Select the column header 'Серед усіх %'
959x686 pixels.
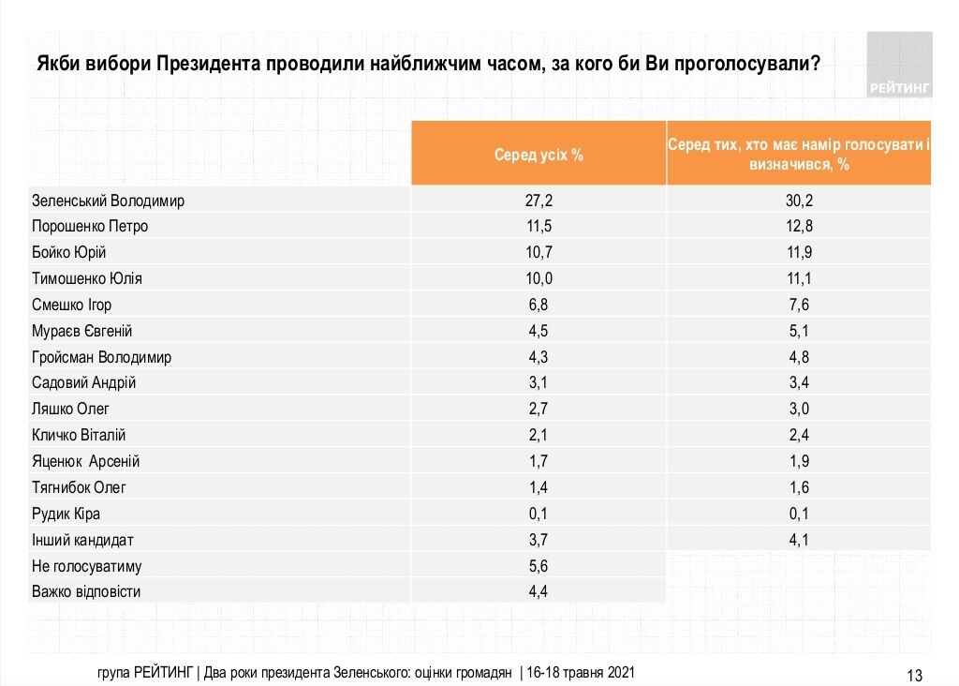coord(539,155)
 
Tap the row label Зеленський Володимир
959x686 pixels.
coord(108,201)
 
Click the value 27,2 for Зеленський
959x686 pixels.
coord(539,201)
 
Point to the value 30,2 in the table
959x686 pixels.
coord(799,201)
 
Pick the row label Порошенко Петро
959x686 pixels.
coord(90,226)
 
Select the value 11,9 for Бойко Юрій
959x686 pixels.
coord(799,252)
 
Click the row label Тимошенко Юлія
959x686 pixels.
coord(87,278)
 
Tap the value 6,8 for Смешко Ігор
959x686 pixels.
coord(539,305)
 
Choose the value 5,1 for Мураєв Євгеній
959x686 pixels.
coord(799,331)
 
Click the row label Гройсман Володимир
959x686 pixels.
coord(101,357)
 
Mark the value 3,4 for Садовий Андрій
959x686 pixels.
coord(799,383)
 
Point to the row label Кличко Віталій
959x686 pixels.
coord(79,435)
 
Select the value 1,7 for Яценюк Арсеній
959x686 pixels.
coord(539,461)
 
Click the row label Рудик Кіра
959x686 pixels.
coord(66,514)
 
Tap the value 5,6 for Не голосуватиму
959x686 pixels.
coord(539,566)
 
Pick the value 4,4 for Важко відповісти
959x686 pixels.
coord(539,591)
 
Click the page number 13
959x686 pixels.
coord(915,675)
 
